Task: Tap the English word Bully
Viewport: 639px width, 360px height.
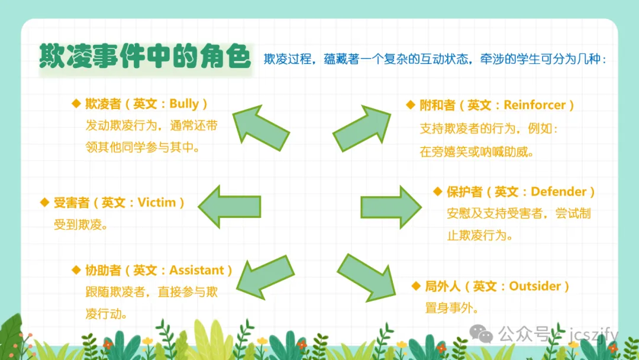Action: click(184, 104)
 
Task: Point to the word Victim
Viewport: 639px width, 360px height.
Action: click(157, 202)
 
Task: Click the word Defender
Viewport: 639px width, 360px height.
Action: click(559, 192)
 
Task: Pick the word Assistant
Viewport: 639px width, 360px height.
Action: click(196, 270)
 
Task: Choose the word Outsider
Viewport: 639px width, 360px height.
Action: click(535, 286)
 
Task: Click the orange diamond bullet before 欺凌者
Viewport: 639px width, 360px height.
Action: click(76, 104)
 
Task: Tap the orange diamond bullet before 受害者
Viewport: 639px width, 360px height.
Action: click(44, 202)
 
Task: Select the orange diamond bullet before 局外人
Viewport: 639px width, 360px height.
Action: click(415, 286)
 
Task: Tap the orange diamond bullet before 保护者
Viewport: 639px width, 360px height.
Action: click(438, 192)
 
